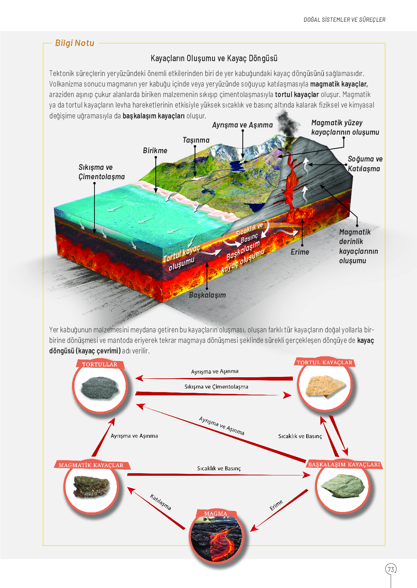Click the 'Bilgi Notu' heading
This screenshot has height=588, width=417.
75,43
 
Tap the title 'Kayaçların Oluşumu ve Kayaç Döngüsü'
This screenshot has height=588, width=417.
214,58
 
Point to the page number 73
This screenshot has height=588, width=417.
391,570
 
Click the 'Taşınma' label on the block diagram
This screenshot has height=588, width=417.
196,140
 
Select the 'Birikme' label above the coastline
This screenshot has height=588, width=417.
155,151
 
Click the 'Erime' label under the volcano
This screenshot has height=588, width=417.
300,252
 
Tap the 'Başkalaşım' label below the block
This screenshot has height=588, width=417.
207,295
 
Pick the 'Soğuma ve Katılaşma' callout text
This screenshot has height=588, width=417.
365,164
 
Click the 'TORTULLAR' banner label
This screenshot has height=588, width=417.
100,364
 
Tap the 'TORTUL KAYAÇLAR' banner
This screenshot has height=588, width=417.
324,362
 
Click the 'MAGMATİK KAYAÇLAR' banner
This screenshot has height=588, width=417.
91,465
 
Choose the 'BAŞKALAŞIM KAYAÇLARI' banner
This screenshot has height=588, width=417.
344,465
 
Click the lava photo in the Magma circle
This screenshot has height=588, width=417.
216,538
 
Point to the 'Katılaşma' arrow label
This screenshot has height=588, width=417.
161,502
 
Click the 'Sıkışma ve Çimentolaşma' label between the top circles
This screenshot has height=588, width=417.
216,387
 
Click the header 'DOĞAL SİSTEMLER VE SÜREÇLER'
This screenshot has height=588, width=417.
344,20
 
